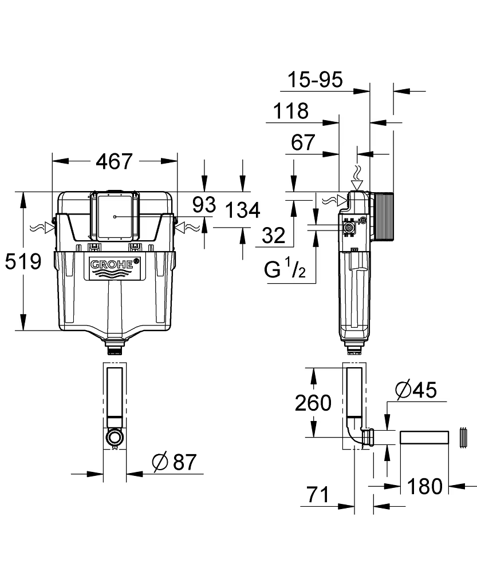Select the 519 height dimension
pos(23,262)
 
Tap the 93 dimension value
pos(204,204)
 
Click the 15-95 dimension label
pos(316,80)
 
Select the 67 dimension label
pos(303,142)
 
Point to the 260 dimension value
pos(313,403)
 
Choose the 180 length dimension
pos(424,486)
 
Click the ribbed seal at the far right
pos(463,438)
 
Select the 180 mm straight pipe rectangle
pos(423,439)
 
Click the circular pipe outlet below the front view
pos(115,438)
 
